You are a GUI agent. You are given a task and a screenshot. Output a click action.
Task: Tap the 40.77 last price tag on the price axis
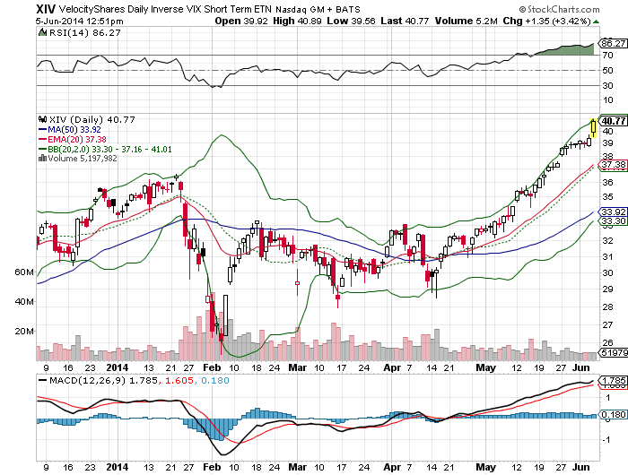[614, 121]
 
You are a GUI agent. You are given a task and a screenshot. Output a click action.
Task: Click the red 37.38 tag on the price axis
[613, 165]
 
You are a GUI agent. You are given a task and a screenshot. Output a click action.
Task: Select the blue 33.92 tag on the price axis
[613, 212]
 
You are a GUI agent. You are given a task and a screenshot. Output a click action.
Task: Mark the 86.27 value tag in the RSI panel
[613, 42]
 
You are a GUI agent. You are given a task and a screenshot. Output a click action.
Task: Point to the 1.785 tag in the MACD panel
[613, 381]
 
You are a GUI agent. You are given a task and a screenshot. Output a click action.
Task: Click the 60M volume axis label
[23, 271]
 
